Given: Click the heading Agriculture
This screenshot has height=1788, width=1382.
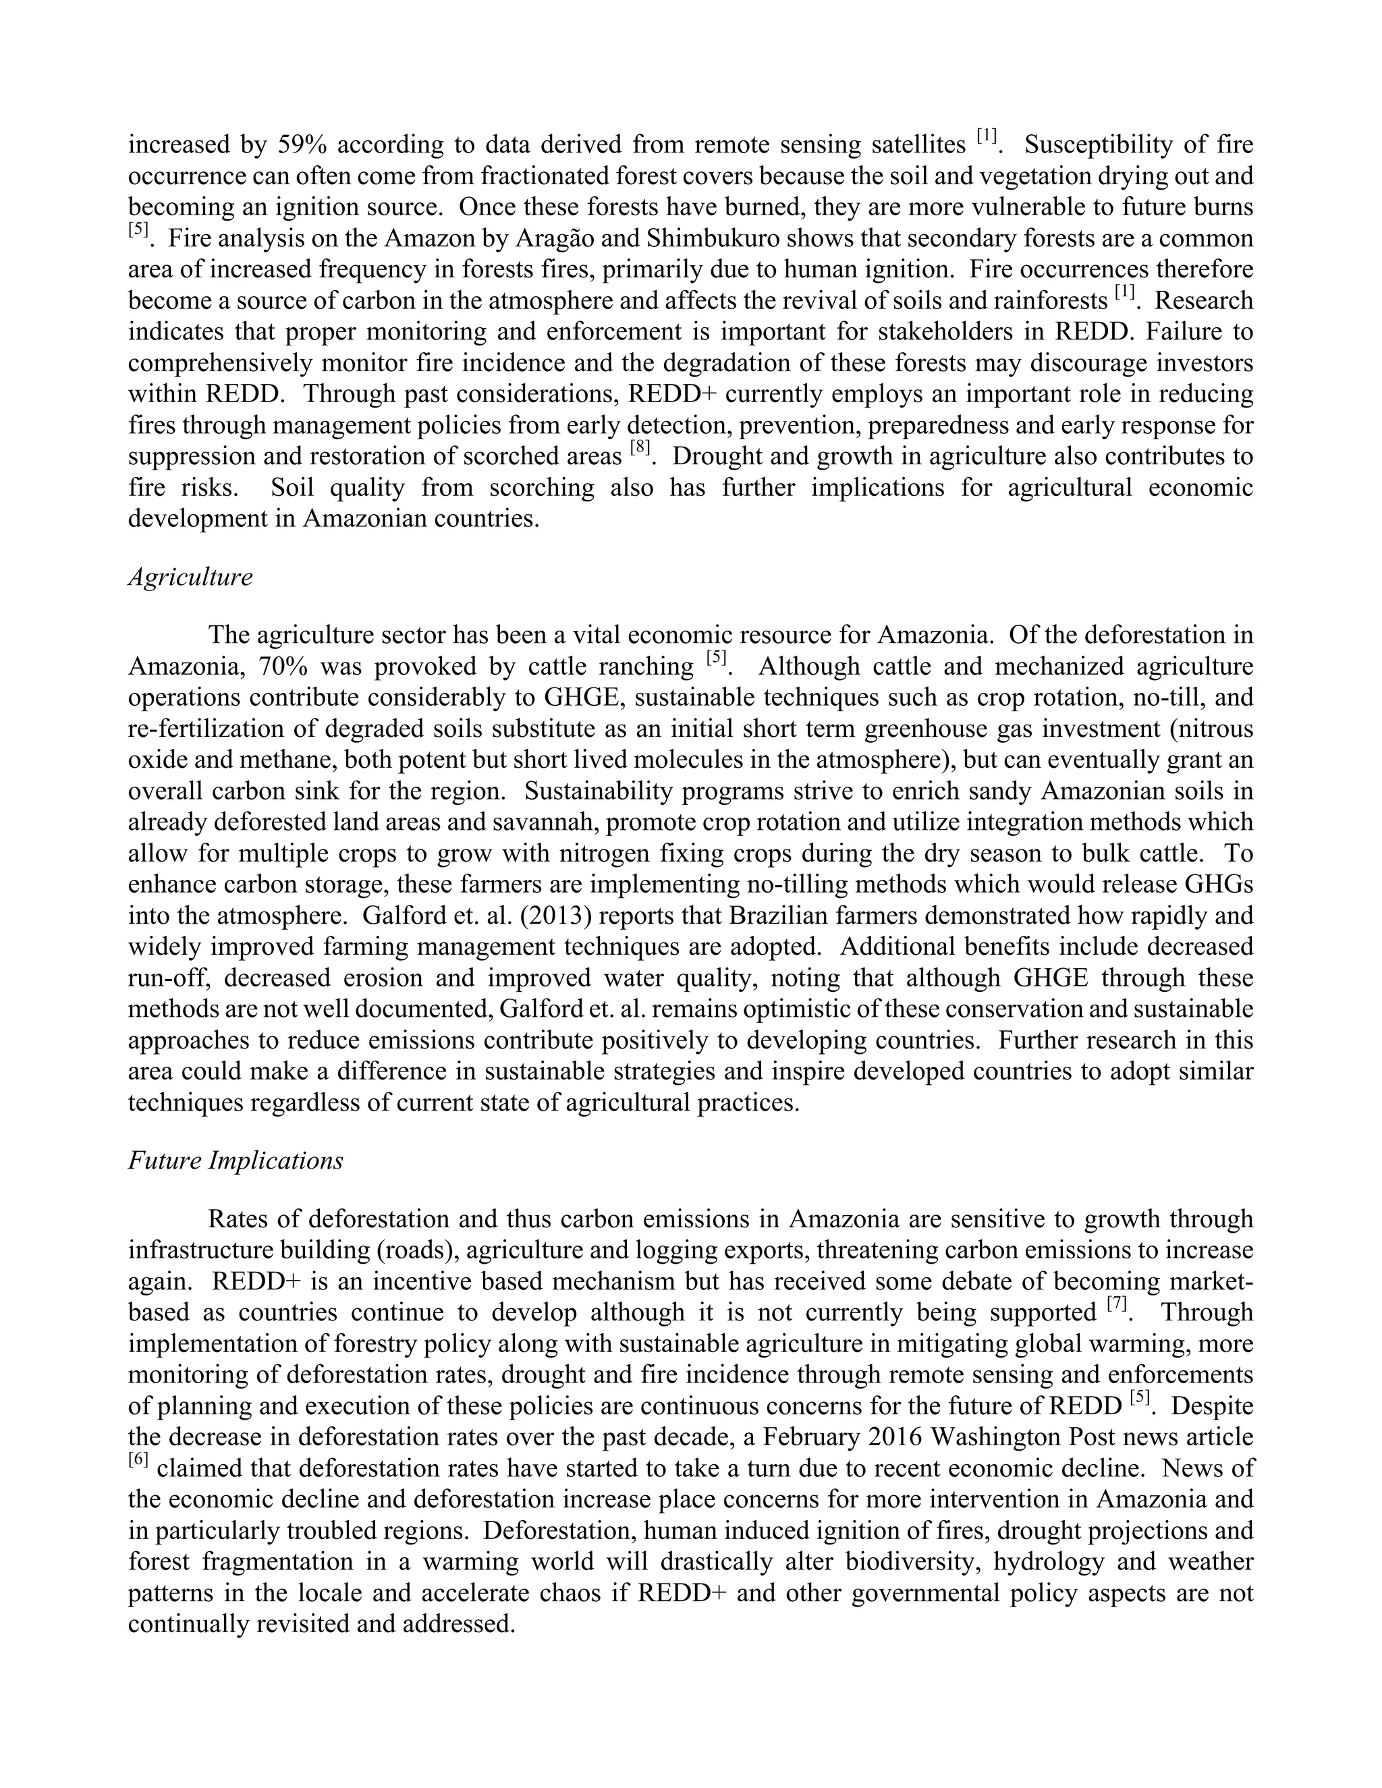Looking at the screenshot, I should (x=190, y=577).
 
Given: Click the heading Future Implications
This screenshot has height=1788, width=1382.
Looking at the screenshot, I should (x=235, y=1161).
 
